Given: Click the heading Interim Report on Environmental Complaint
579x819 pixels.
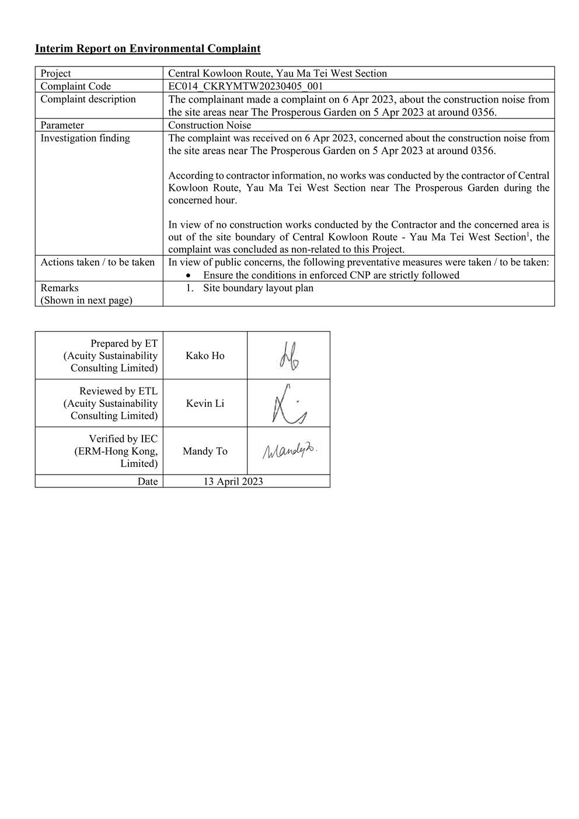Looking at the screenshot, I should tap(148, 48).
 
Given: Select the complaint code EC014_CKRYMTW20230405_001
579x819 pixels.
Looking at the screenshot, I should tap(245, 86).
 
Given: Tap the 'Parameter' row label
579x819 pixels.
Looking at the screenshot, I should tap(62, 125).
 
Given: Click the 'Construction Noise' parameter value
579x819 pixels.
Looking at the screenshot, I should tap(210, 125).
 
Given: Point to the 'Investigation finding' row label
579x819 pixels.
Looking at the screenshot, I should tap(85, 138).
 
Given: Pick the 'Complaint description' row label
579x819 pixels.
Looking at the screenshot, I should tap(88, 99).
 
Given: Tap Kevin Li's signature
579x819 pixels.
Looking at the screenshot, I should tap(288, 404).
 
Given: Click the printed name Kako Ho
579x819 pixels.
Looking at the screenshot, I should tap(205, 356).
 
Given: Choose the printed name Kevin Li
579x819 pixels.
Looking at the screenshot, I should tap(205, 403).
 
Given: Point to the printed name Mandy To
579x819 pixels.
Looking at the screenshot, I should tap(205, 451).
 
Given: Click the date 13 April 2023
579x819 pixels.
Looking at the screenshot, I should tap(233, 482).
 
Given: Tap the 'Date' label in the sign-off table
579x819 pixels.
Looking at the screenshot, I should tap(148, 482).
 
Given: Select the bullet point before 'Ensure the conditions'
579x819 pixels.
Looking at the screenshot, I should tap(187, 276).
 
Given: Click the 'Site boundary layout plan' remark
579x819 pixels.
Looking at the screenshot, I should tap(258, 288).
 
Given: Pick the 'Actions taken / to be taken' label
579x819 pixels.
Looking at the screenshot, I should tap(97, 262).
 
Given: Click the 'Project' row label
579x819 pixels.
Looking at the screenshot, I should tap(55, 74).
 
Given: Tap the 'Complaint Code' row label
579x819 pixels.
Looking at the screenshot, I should tap(75, 86).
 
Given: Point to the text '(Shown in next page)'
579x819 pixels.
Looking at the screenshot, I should tap(86, 300).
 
